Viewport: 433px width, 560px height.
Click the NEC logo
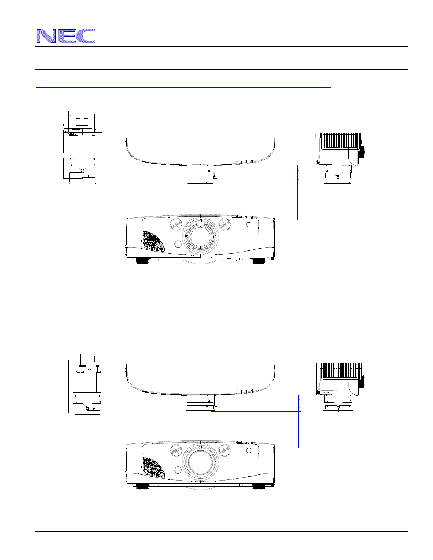click(66, 36)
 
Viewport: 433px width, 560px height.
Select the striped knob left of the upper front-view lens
click(176, 224)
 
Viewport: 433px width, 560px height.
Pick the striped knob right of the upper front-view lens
click(225, 224)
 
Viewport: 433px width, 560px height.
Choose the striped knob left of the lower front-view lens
click(176, 451)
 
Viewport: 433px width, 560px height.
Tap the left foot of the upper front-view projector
click(142, 260)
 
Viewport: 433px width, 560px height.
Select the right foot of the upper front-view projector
click(259, 260)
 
